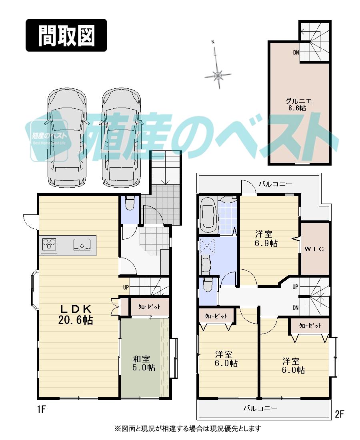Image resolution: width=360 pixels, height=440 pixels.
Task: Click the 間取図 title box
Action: click(66, 36)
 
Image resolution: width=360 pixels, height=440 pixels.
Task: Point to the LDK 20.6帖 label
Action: click(77, 314)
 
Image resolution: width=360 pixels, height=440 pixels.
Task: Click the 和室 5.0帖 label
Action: click(144, 363)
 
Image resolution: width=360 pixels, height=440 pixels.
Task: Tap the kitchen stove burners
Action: click(49, 245)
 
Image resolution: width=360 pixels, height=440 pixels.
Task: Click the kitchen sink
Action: click(82, 244)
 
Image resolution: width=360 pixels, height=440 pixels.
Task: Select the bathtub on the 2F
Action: click(208, 214)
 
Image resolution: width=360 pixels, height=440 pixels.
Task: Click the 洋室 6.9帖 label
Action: click(266, 238)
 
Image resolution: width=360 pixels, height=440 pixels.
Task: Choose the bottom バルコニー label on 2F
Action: click(260, 409)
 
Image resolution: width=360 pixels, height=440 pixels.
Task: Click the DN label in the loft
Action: click(296, 52)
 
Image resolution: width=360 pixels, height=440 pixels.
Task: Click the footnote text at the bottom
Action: click(188, 428)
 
